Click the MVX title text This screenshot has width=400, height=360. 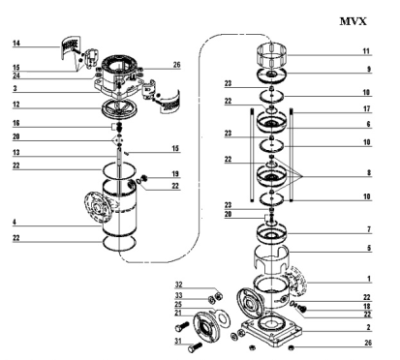354,21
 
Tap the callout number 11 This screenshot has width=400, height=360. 366,51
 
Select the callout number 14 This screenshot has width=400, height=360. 16,44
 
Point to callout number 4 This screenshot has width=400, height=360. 15,222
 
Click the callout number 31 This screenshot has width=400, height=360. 178,341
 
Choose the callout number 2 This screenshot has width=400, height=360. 368,327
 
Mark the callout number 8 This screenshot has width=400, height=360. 368,173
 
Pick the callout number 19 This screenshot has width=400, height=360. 175,174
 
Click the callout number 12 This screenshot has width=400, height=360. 16,105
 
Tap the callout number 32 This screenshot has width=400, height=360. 178,285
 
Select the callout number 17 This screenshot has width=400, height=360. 367,109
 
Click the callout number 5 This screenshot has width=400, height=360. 368,248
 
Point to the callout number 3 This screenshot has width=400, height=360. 15,88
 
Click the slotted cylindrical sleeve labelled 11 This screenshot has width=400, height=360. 273,54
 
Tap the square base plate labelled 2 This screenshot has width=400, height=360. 272,331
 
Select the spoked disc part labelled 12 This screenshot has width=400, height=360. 119,109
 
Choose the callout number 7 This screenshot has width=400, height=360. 368,229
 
